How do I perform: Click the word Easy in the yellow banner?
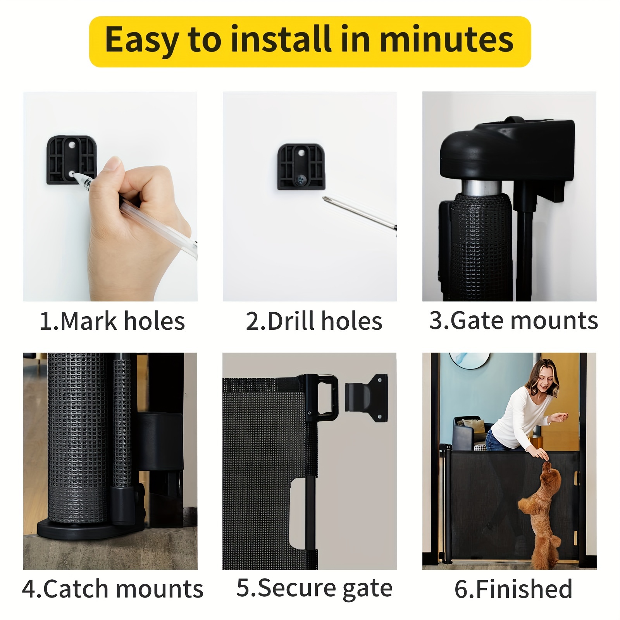tap(141, 40)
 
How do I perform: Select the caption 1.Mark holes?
tap(112, 321)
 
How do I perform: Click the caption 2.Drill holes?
tap(314, 321)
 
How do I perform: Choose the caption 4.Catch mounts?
tap(112, 589)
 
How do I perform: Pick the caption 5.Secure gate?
tap(314, 589)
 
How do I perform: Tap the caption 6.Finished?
tap(513, 589)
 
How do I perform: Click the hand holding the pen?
tap(139, 217)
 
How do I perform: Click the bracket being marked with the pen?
tap(71, 160)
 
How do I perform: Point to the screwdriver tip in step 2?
tap(324, 198)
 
